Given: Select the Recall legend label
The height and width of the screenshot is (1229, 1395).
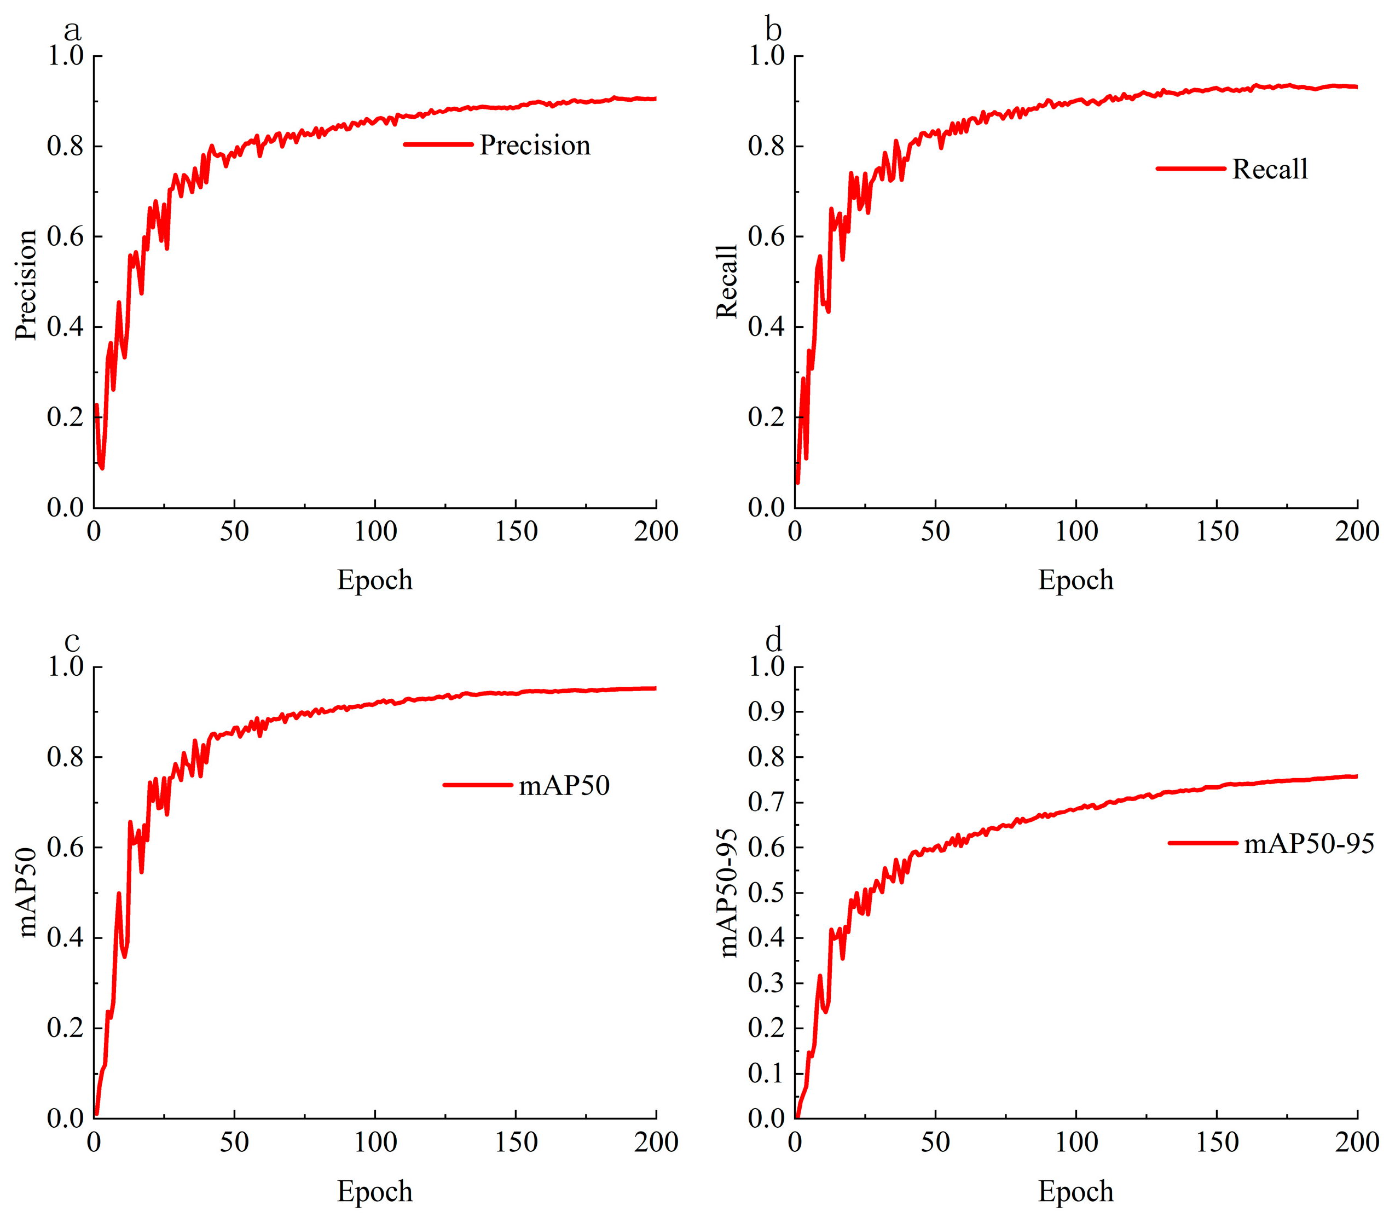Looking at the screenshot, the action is click(x=1270, y=169).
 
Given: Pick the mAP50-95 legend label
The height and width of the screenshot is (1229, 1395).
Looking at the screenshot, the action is click(x=1309, y=844).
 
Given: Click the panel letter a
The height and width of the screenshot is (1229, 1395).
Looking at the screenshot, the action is click(x=72, y=31).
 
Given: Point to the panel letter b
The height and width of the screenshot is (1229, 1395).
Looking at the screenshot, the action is click(x=773, y=30).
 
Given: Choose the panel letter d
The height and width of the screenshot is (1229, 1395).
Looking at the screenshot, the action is click(x=773, y=640).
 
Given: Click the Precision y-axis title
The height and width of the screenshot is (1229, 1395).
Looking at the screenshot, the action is click(x=26, y=285).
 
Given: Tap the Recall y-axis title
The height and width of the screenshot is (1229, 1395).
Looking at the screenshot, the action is click(x=727, y=281).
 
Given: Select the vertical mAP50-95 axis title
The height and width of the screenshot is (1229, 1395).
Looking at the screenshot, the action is click(x=728, y=893).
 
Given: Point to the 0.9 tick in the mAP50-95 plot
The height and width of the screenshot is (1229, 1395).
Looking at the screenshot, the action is click(x=766, y=712).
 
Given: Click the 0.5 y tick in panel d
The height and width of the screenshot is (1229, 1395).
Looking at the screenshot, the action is click(x=766, y=893).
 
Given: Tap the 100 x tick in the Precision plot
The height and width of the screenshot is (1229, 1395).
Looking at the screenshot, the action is click(x=375, y=531).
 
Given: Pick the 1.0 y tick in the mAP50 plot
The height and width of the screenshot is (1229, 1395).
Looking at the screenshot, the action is click(x=66, y=666).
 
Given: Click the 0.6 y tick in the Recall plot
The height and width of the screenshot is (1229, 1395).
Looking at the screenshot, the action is click(x=766, y=237).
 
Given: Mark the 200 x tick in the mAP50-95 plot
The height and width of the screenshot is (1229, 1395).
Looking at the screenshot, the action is click(x=1357, y=1143).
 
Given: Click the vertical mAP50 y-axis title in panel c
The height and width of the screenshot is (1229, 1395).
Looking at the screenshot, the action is click(x=26, y=892).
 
